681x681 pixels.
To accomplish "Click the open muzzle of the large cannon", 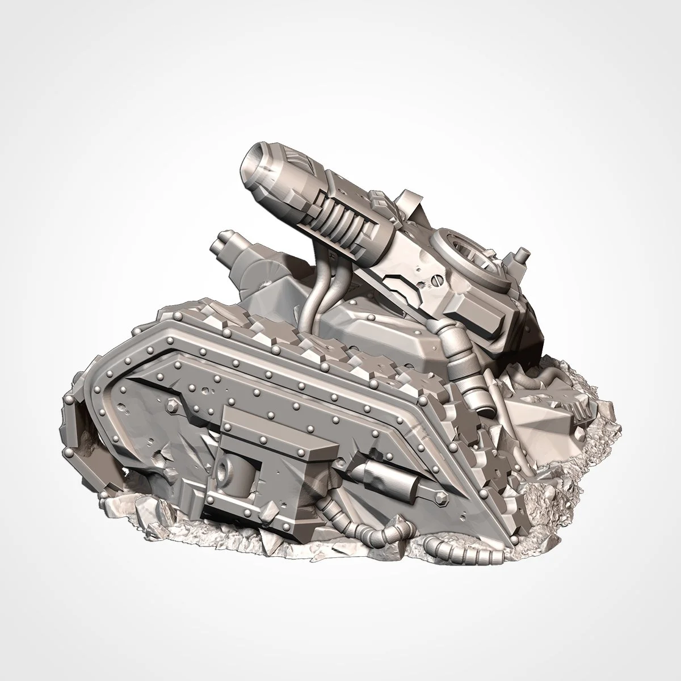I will [x=254, y=161].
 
